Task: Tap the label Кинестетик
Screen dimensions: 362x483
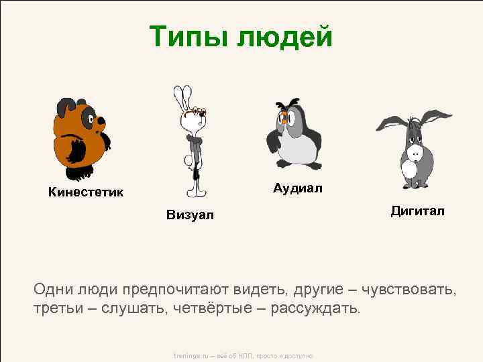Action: tap(85, 193)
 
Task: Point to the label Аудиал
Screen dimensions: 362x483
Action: tap(297, 188)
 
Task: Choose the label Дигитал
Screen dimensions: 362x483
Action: tap(418, 211)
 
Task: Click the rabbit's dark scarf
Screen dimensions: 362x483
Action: tap(195, 141)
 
